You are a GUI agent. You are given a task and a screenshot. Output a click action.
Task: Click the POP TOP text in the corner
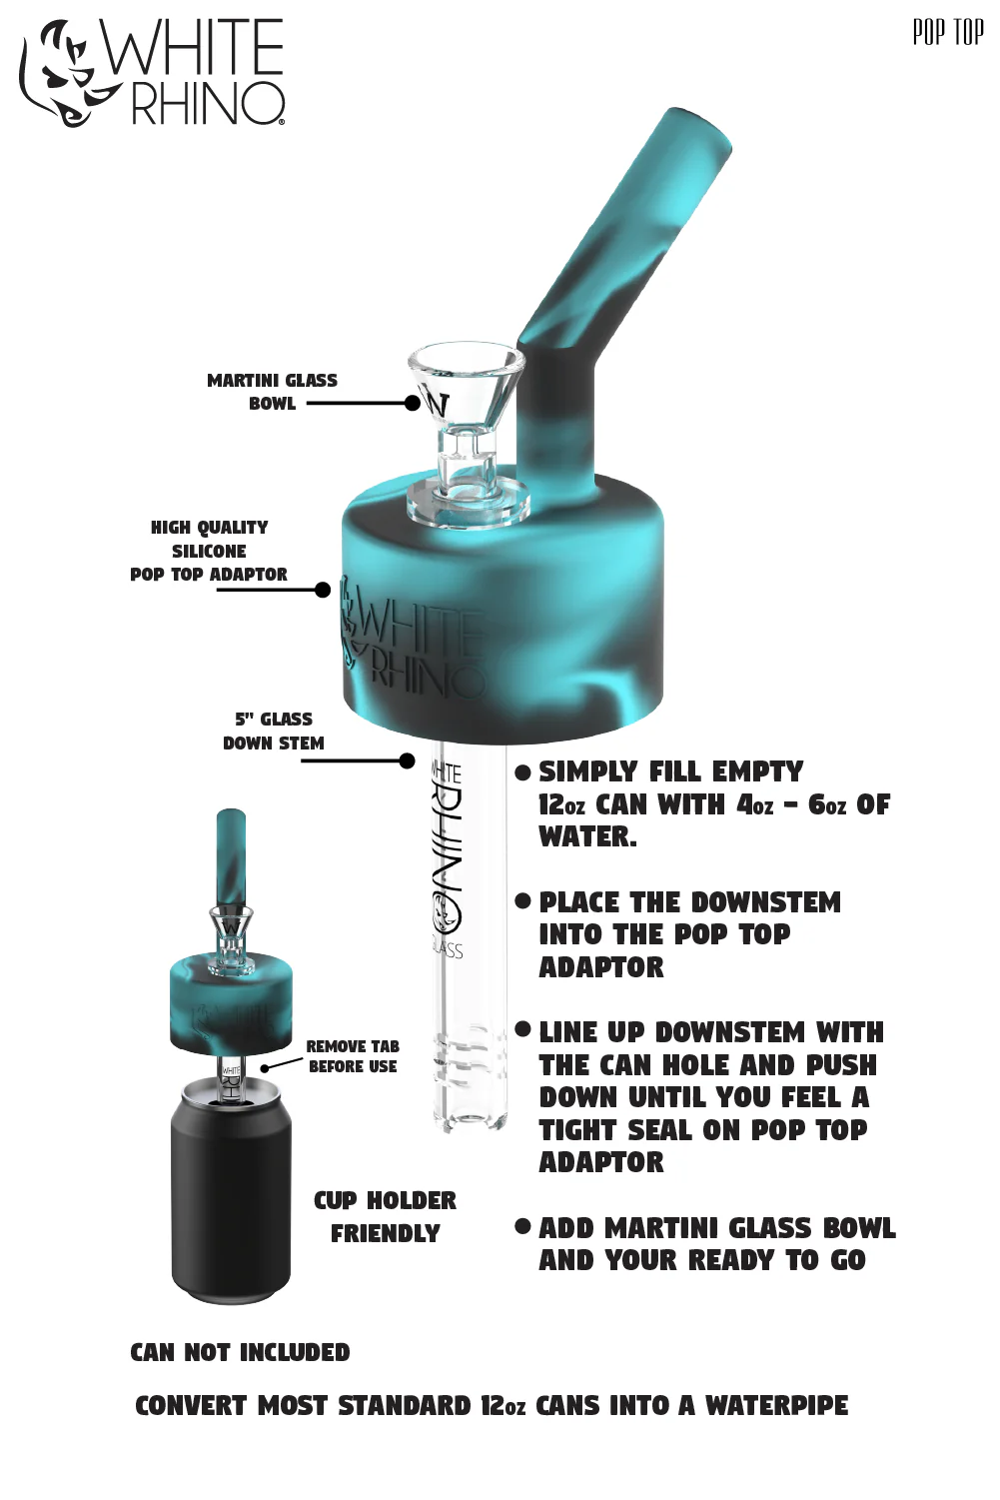click(x=948, y=32)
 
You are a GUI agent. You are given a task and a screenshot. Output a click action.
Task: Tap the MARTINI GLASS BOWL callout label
click(x=273, y=392)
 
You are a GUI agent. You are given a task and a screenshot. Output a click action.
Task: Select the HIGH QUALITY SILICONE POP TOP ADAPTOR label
click(x=209, y=551)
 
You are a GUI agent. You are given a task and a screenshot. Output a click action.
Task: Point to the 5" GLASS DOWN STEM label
click(x=274, y=732)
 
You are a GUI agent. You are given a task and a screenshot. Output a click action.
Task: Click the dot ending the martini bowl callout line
click(x=413, y=403)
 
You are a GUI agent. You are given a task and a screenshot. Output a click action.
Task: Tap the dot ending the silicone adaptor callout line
click(x=323, y=590)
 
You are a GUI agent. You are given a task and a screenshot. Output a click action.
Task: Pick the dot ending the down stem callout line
click(x=407, y=760)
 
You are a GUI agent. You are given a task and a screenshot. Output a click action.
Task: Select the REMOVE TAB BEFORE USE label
click(x=353, y=1056)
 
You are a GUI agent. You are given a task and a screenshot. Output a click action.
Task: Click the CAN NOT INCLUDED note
click(x=240, y=1352)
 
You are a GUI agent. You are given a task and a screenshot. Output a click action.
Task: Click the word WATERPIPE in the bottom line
click(x=776, y=1405)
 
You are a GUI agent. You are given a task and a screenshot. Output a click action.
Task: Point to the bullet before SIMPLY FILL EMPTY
click(x=522, y=772)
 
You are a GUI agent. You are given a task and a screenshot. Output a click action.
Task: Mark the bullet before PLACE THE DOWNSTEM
click(x=522, y=900)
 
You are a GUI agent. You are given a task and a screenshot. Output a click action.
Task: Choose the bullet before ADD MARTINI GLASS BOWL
click(x=522, y=1226)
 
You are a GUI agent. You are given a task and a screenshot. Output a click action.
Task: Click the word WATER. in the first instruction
click(x=587, y=836)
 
